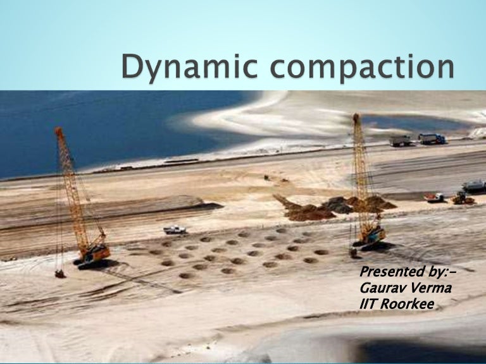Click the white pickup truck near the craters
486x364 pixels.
click(175, 229)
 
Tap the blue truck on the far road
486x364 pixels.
click(432, 138)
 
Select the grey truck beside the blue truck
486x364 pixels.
click(402, 141)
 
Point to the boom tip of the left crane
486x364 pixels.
click(59, 131)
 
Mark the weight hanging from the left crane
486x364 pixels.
click(60, 274)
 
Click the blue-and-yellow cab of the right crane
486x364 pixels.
click(371, 235)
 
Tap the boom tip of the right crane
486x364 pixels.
click(356, 117)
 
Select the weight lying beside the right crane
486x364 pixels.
click(353, 253)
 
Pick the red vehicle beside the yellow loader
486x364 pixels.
click(434, 197)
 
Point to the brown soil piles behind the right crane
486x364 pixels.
click(335, 207)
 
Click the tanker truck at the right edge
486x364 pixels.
click(474, 186)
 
